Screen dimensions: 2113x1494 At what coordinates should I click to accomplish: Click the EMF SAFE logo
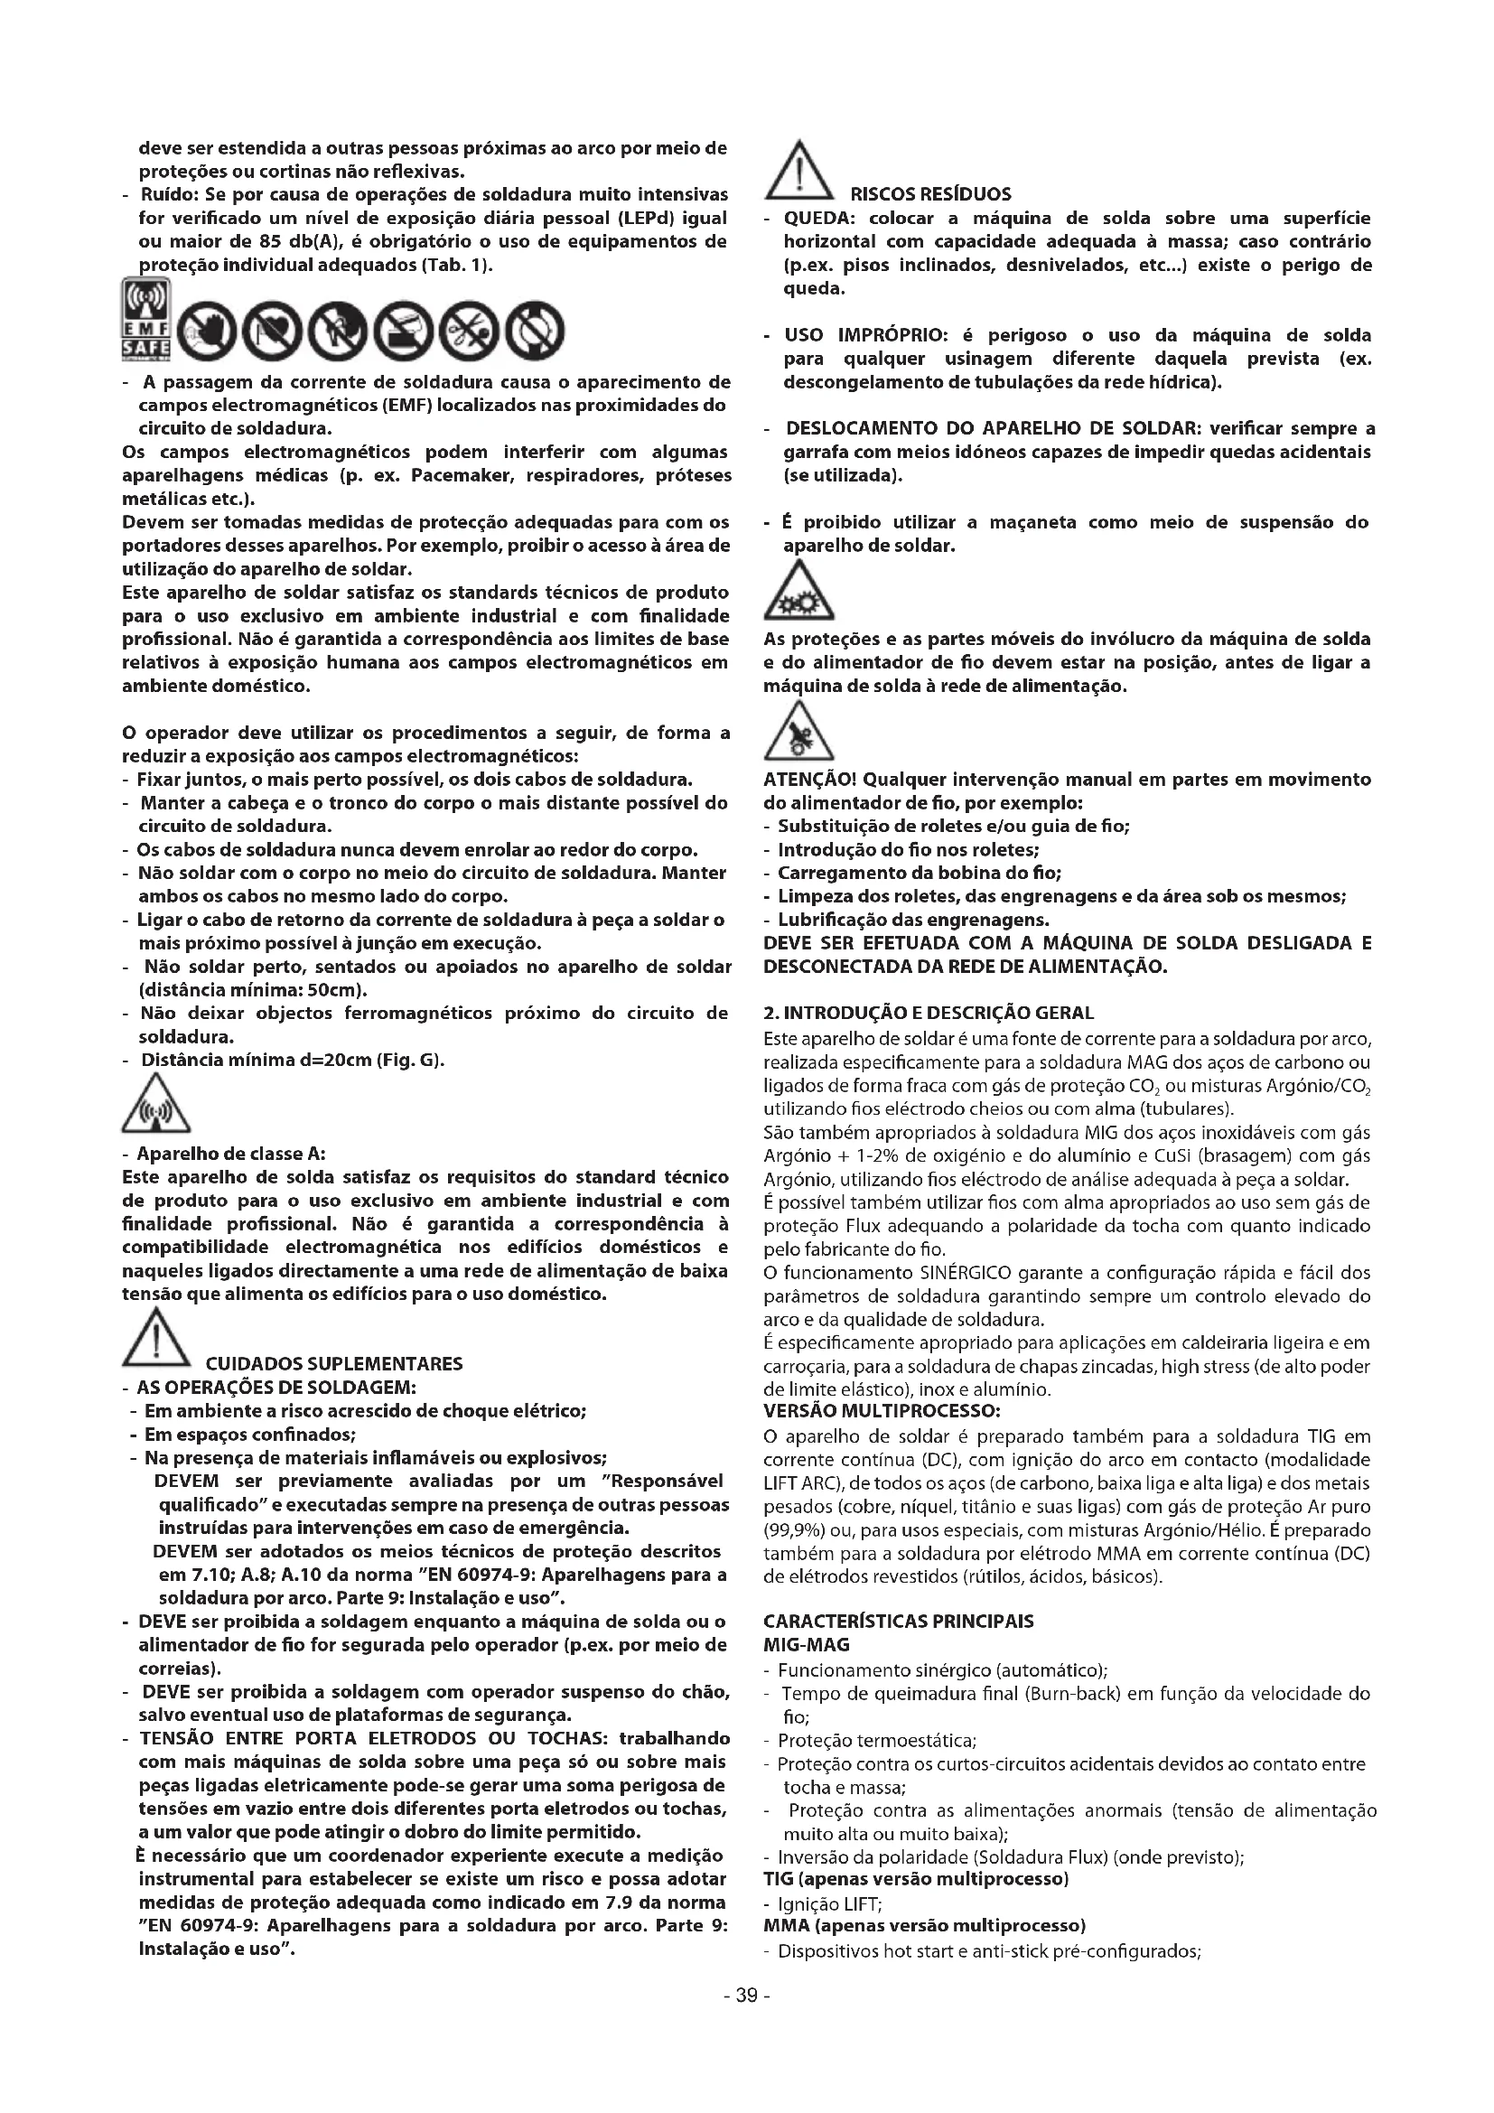pos(146,318)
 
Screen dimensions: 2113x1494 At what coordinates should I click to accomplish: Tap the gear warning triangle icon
pos(798,595)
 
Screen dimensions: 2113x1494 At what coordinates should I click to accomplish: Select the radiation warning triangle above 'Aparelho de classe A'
pos(155,1108)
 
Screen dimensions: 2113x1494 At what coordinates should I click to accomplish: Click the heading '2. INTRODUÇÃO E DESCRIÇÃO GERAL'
pos(929,1014)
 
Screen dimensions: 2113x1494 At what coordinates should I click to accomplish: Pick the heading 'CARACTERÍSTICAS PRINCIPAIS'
pos(898,1622)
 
